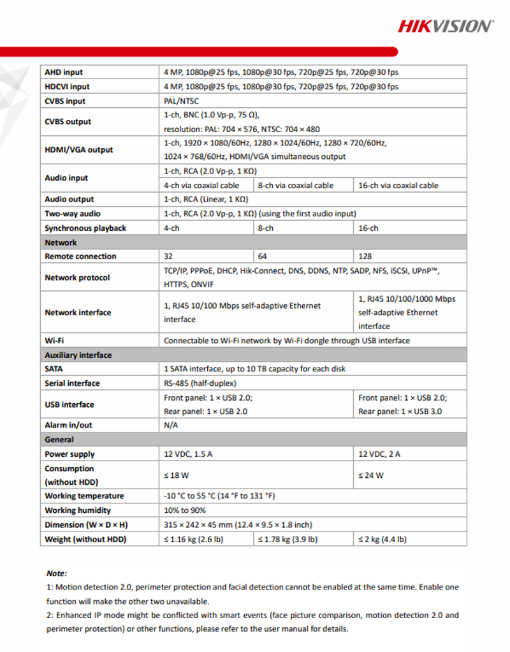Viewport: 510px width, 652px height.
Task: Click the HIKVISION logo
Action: (x=445, y=26)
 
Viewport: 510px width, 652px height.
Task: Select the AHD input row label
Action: (x=64, y=73)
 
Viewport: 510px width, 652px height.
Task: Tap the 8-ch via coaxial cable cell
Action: (x=295, y=186)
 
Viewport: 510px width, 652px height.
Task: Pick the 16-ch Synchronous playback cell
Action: (x=368, y=228)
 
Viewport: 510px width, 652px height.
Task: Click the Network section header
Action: (x=61, y=242)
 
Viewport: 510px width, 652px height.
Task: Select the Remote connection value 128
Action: (x=365, y=256)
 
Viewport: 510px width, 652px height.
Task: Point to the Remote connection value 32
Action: (x=169, y=256)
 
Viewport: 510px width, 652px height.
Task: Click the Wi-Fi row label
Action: (x=54, y=341)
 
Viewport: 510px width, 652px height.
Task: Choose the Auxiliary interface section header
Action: (x=78, y=355)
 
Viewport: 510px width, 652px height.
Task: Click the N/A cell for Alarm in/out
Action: (x=171, y=425)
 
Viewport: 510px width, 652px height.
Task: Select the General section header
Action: (x=59, y=440)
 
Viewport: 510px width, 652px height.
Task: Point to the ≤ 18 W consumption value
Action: (x=178, y=475)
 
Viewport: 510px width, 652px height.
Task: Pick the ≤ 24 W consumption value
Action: (x=371, y=475)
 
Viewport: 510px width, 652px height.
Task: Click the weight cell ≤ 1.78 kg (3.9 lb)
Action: (x=288, y=539)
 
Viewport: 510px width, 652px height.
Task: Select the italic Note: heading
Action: (x=57, y=574)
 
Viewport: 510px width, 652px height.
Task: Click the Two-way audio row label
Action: (x=73, y=214)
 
